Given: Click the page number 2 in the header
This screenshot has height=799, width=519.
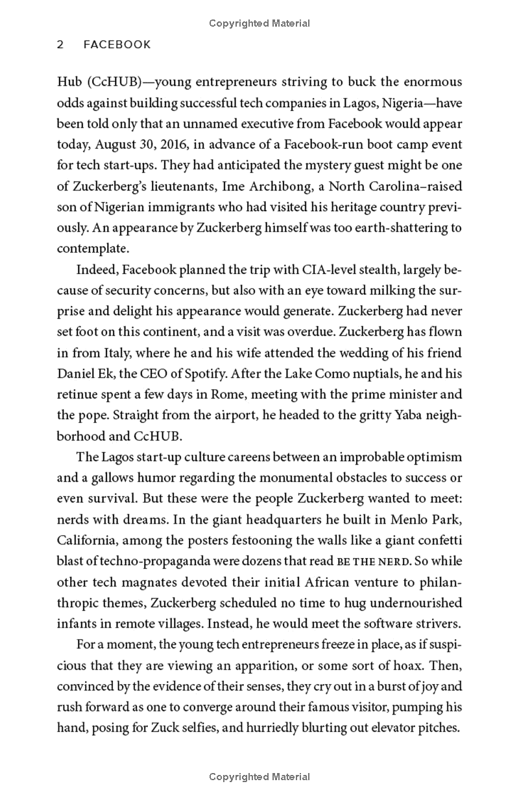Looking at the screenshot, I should pos(60,45).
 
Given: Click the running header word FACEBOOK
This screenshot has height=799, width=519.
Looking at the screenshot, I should pos(117,45).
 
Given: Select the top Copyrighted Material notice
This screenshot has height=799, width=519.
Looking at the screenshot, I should pos(259,23).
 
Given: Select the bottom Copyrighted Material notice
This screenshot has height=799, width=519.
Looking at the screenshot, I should pos(259,777).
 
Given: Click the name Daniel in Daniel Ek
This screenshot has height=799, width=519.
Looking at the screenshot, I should pos(77,373).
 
